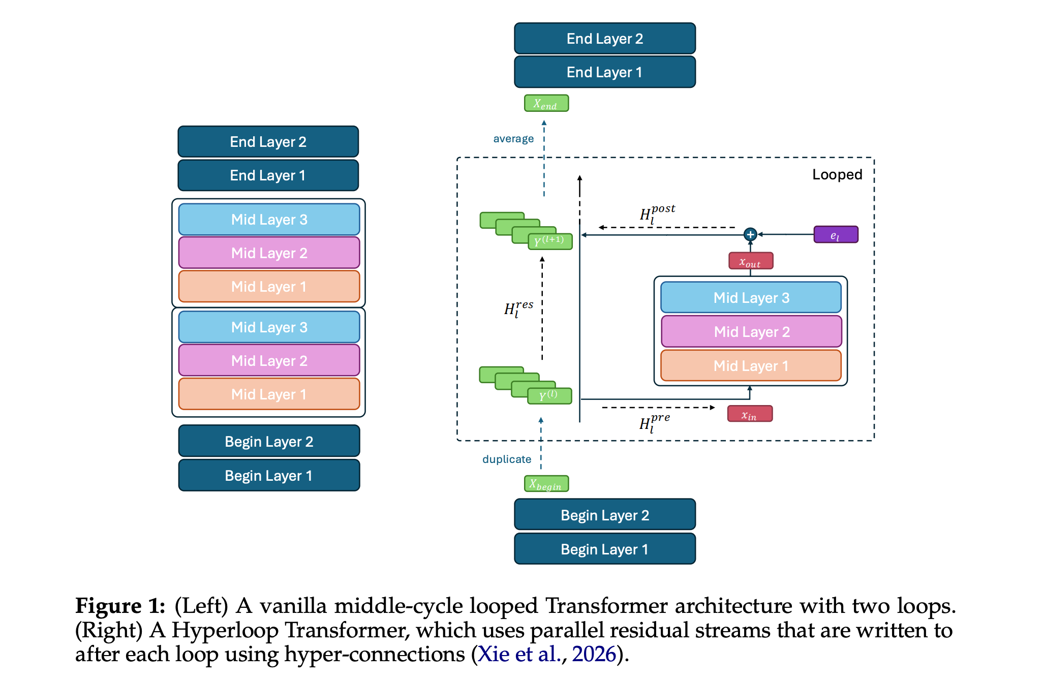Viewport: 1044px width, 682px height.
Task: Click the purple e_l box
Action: click(x=836, y=235)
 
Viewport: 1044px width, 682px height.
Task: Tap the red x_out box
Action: click(x=750, y=261)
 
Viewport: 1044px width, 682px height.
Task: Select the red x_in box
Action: click(x=750, y=414)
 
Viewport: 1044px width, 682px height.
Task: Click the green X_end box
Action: click(x=546, y=104)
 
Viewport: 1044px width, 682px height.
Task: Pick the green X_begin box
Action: click(x=546, y=484)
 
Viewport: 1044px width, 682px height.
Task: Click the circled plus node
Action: click(x=750, y=235)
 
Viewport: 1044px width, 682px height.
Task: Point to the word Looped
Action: click(x=837, y=175)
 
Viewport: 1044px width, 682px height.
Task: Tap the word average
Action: click(x=513, y=139)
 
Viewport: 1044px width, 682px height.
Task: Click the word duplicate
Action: click(x=507, y=459)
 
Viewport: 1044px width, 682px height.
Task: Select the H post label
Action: click(x=657, y=213)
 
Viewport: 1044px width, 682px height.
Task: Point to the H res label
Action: click(x=518, y=308)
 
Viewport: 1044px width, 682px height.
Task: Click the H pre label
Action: click(x=655, y=422)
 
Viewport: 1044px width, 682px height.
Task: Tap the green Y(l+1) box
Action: click(x=550, y=241)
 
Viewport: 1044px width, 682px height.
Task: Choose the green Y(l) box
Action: click(x=549, y=396)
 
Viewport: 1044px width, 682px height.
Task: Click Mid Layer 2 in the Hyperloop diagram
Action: click(x=751, y=332)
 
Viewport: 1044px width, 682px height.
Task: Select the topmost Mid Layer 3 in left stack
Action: click(x=269, y=220)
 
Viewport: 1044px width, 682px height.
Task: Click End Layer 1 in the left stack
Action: click(x=268, y=176)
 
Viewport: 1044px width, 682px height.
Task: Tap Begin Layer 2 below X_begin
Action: click(x=604, y=515)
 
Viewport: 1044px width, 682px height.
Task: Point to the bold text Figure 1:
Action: click(x=120, y=606)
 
